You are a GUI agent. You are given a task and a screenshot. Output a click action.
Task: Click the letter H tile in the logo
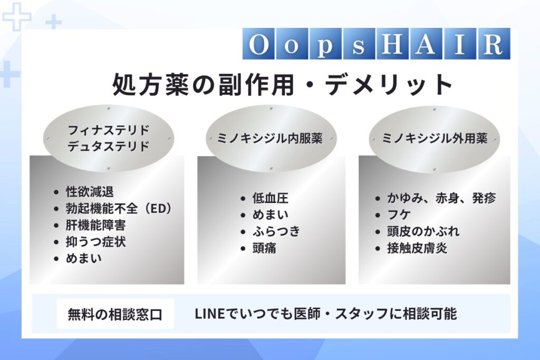(392, 44)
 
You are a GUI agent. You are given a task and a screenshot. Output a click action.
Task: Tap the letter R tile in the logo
(493, 44)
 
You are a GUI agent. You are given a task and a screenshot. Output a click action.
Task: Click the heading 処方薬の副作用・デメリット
(283, 84)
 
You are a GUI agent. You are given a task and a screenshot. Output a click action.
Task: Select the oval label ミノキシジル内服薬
(271, 138)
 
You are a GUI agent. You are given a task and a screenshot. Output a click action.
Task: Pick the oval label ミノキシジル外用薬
(435, 138)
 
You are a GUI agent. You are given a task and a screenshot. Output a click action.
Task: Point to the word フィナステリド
(109, 130)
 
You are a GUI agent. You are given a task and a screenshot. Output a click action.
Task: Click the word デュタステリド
(109, 147)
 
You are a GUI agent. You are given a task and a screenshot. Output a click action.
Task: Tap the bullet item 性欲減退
(90, 192)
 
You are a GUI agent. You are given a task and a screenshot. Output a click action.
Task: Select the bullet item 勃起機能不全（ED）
(119, 208)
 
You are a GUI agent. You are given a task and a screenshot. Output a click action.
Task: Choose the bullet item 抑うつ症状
(96, 241)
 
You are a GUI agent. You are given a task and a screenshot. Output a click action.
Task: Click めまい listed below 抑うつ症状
(84, 258)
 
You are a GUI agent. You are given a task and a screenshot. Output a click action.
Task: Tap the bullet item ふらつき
(276, 231)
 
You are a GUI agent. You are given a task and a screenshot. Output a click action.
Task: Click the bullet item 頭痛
(264, 248)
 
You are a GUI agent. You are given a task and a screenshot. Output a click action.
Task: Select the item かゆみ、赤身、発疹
(441, 198)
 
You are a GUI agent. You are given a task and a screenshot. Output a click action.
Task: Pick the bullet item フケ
(399, 215)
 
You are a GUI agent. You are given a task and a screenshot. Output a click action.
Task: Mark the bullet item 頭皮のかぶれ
(423, 231)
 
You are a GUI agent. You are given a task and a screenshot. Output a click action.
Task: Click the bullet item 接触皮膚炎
(417, 248)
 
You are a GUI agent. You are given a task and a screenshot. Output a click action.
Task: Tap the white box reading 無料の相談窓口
(115, 314)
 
